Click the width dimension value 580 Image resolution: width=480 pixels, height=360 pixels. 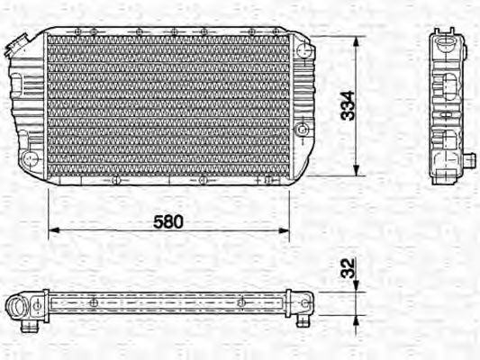point(168,221)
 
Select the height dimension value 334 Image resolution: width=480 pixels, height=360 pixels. point(347,106)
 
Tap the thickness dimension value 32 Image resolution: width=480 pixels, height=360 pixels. point(347,267)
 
